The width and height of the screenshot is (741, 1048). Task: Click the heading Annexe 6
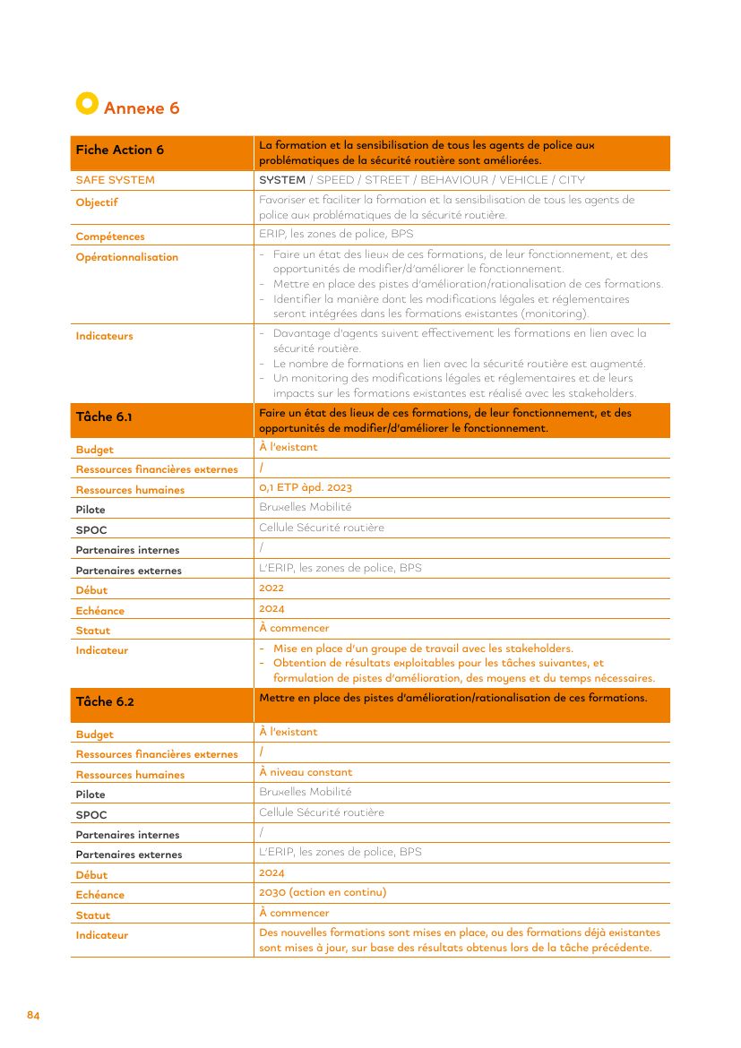point(142,108)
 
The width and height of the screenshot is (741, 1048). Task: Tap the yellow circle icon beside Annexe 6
point(86,104)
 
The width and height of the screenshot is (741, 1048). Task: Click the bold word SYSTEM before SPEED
point(282,180)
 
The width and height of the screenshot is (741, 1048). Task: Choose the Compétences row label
point(110,236)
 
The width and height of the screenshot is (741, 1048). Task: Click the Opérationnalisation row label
point(127,257)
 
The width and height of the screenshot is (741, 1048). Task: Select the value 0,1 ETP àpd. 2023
point(306,487)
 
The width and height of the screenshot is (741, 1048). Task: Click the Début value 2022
point(271,588)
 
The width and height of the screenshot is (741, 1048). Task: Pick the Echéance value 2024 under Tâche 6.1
point(271,608)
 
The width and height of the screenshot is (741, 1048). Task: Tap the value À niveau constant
point(306,772)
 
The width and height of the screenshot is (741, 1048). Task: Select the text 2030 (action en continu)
point(323,892)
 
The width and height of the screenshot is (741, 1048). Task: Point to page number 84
point(33,1015)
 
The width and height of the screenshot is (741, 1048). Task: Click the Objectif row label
point(97,202)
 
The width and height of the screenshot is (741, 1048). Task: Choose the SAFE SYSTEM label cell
point(116,180)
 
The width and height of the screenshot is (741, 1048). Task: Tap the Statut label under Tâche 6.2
point(93,915)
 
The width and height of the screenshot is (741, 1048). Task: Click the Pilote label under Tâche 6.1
point(90,510)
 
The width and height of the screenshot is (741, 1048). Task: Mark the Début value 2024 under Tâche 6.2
point(271,872)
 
